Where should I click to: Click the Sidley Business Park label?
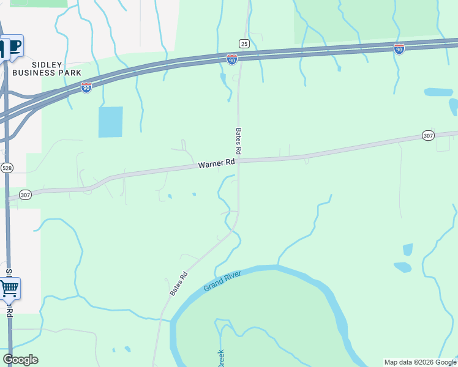click(x=47, y=68)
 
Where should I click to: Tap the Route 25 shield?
click(x=244, y=43)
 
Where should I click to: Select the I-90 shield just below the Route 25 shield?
click(x=232, y=59)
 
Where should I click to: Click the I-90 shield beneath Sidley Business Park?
click(x=86, y=88)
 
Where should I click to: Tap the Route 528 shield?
click(x=7, y=168)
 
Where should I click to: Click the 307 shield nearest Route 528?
click(x=25, y=195)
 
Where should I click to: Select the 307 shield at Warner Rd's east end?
click(x=428, y=135)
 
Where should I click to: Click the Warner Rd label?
click(x=217, y=164)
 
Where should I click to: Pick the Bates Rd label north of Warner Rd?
click(x=239, y=141)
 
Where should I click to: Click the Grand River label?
click(x=222, y=280)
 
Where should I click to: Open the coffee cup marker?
click(x=12, y=46)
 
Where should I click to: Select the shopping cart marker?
click(x=9, y=288)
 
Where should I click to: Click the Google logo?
click(x=20, y=360)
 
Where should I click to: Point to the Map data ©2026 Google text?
click(x=419, y=362)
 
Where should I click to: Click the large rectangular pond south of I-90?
click(x=110, y=122)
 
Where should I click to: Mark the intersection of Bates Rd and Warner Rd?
click(x=238, y=160)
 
